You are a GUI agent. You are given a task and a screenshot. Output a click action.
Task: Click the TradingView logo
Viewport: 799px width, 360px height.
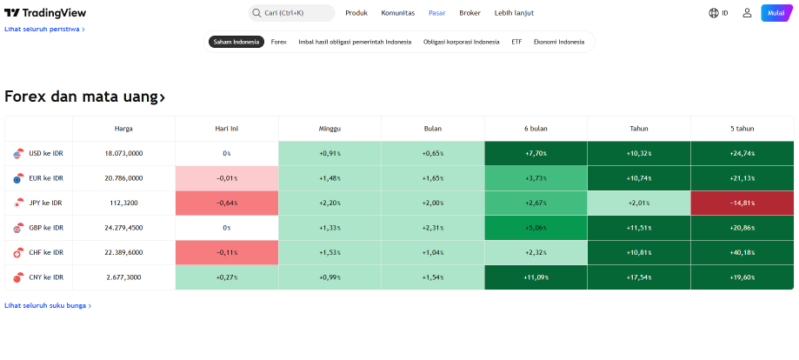pyautogui.click(x=45, y=13)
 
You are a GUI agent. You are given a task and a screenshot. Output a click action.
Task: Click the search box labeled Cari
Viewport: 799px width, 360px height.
pyautogui.click(x=291, y=13)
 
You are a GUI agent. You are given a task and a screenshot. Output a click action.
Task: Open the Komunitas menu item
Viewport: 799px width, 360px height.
pyautogui.click(x=398, y=13)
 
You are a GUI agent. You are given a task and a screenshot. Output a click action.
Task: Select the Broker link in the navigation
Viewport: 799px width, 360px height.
pyautogui.click(x=469, y=13)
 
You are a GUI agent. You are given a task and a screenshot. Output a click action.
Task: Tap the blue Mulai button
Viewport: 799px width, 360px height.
pyautogui.click(x=776, y=13)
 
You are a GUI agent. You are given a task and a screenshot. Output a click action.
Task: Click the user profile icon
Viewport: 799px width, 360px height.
pyautogui.click(x=747, y=13)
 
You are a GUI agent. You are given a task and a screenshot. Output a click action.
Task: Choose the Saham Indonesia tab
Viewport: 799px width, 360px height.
pyautogui.click(x=236, y=42)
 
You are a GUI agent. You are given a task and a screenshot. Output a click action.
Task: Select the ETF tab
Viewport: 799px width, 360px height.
pyautogui.click(x=516, y=42)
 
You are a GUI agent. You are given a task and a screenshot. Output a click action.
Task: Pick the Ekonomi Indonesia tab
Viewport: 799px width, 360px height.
pyautogui.click(x=559, y=42)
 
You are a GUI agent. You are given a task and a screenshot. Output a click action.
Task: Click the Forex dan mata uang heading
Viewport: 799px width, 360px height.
pyautogui.click(x=84, y=97)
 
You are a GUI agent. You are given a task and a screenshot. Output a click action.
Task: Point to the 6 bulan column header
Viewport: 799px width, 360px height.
pyautogui.click(x=536, y=129)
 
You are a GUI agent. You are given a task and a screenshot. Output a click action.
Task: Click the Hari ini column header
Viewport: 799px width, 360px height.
pyautogui.click(x=227, y=129)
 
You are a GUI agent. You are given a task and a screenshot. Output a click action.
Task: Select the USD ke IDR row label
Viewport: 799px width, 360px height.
pyautogui.click(x=46, y=153)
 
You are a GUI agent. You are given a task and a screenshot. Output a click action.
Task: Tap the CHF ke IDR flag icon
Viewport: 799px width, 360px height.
pyautogui.click(x=18, y=252)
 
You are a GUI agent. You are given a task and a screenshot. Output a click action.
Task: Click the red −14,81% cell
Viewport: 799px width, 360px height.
pyautogui.click(x=742, y=203)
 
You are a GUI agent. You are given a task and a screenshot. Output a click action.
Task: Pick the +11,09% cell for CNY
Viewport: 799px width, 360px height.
pyautogui.click(x=536, y=277)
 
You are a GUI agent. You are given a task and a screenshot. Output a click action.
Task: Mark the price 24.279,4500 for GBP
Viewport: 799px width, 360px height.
pyautogui.click(x=123, y=228)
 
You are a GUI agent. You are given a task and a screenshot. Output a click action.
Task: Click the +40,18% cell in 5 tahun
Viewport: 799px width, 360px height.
pyautogui.click(x=742, y=252)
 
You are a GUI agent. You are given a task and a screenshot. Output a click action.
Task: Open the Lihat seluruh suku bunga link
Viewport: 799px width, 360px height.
pyautogui.click(x=48, y=305)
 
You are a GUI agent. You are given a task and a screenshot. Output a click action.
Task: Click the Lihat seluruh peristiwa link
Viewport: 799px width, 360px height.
pyautogui.click(x=44, y=29)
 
